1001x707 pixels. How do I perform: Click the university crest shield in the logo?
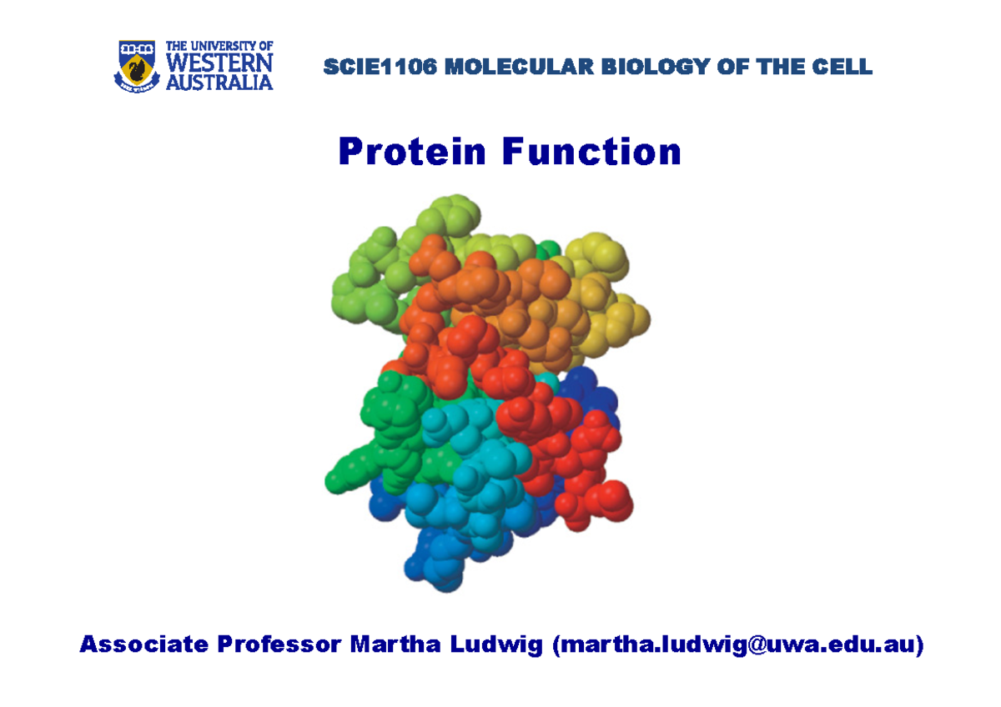point(135,64)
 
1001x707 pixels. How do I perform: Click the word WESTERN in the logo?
point(219,63)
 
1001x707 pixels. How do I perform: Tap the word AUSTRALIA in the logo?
point(219,82)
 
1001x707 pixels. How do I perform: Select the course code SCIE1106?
point(380,68)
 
